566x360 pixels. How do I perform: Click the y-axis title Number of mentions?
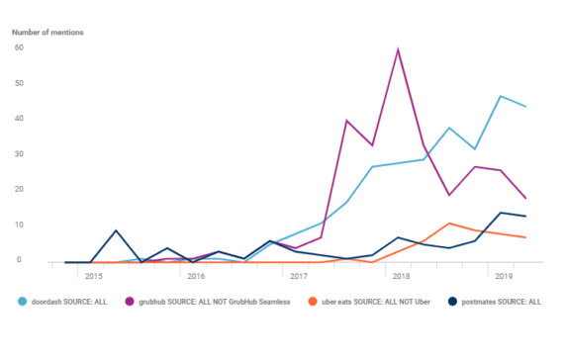47,33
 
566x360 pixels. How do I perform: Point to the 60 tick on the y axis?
17,46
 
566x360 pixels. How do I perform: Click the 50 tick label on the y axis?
17,82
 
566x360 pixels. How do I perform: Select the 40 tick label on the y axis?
17,118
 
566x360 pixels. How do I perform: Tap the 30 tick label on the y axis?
17,153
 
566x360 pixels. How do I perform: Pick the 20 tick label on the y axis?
17,189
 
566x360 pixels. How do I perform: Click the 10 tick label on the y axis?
17,225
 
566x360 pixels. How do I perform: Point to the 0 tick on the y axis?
19,260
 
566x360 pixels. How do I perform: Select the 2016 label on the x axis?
195,277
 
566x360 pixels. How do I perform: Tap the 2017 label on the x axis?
298,277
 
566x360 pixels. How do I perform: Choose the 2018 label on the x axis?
401,277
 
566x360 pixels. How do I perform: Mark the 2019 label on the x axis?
504,277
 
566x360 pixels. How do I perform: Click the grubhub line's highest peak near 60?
398,49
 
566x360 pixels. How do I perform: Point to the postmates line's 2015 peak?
117,230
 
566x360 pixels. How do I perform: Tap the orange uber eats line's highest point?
449,224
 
